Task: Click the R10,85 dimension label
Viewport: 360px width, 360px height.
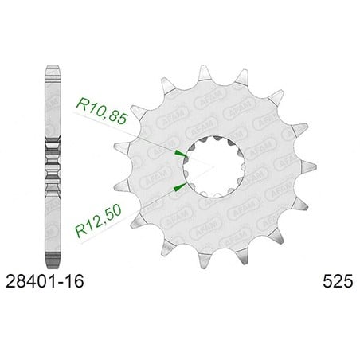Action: (x=102, y=112)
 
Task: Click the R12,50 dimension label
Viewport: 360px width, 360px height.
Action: (x=99, y=221)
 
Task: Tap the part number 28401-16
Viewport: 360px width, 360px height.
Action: (x=45, y=281)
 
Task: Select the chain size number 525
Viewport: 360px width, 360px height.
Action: (x=338, y=281)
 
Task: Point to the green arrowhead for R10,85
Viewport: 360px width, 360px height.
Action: (x=179, y=153)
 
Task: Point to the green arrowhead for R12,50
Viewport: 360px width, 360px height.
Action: (x=180, y=187)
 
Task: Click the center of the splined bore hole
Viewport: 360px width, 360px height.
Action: (x=214, y=166)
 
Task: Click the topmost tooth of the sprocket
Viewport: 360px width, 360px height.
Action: (x=204, y=72)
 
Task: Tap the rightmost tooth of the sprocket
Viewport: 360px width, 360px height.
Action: (x=308, y=166)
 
